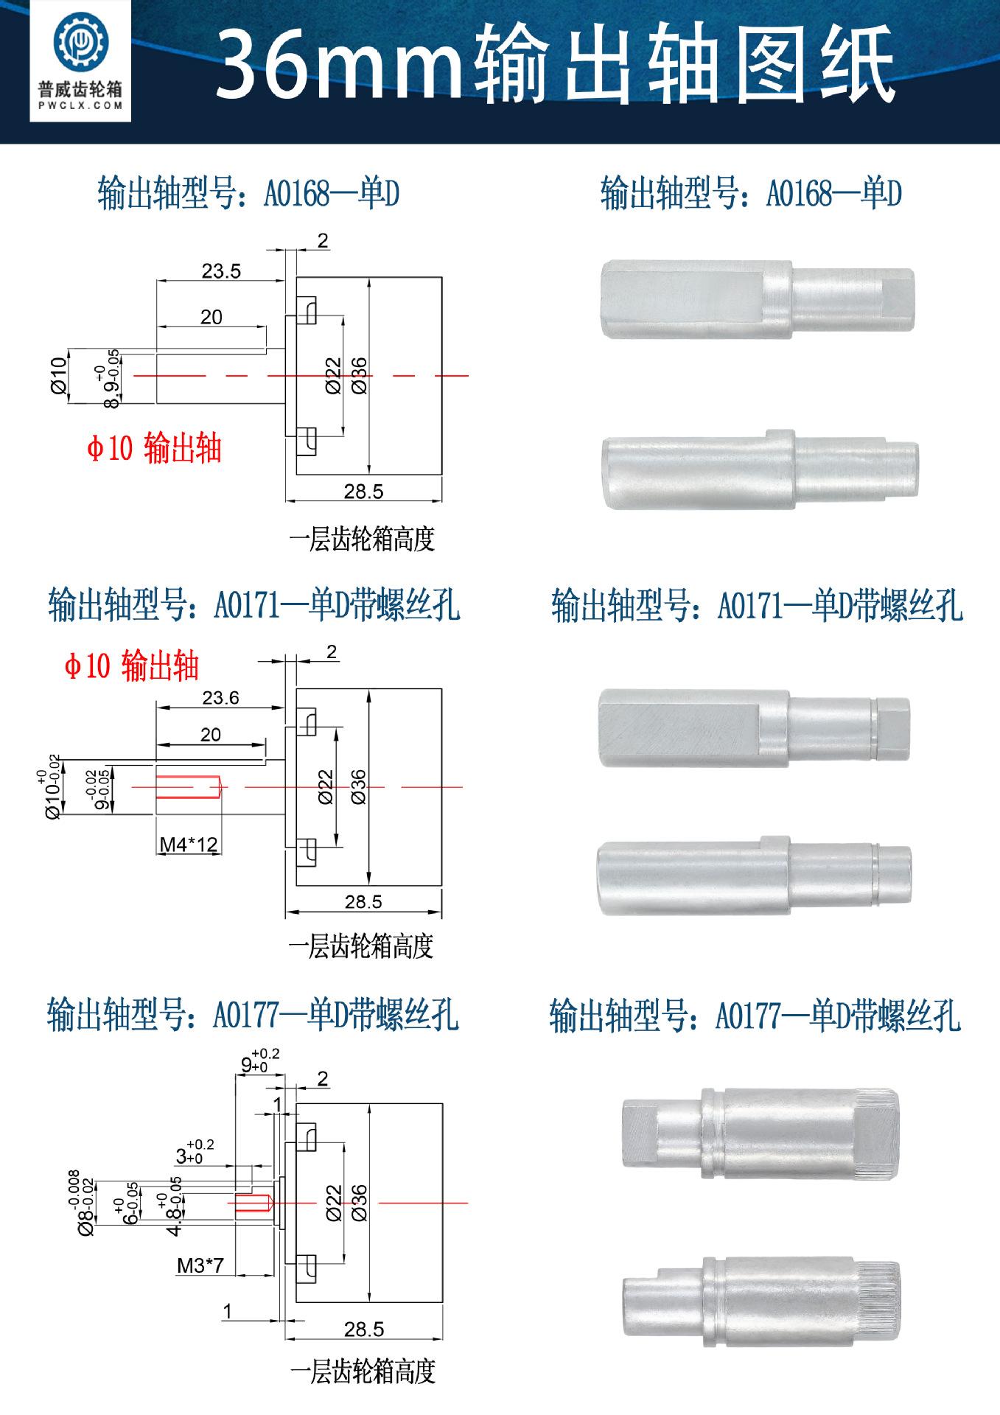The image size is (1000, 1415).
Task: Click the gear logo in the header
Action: coord(80,43)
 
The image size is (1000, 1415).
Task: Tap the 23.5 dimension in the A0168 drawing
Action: coord(222,271)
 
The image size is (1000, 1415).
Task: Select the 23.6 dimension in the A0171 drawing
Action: coord(221,698)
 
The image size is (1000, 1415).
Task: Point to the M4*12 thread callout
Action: coord(189,844)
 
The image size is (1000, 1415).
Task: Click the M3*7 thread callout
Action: coord(200,1265)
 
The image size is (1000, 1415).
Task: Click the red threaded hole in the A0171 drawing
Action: coord(189,787)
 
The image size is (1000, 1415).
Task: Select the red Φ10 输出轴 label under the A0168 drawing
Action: coord(154,449)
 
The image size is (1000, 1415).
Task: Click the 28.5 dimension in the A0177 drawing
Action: coord(364,1329)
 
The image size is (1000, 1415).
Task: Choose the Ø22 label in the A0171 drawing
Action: coord(326,787)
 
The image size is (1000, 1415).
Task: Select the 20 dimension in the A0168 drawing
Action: coord(211,317)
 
